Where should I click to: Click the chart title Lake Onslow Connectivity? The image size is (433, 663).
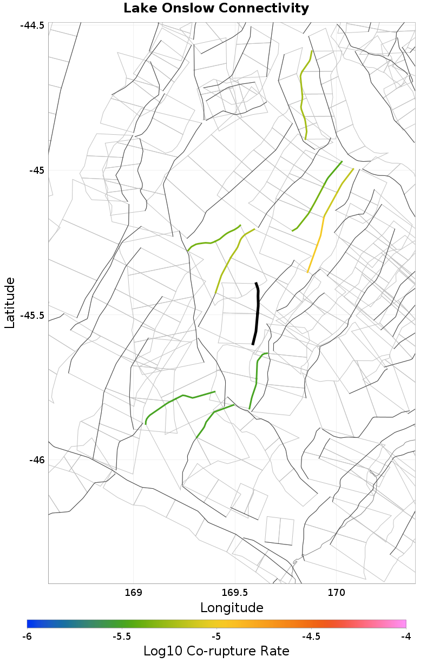click(x=216, y=9)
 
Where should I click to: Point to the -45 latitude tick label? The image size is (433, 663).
click(x=35, y=170)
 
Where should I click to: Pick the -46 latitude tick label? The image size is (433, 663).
click(x=35, y=460)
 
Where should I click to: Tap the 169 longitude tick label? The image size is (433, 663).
click(x=133, y=592)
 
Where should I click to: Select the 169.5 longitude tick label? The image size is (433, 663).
click(x=235, y=592)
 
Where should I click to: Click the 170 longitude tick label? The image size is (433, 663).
click(x=337, y=592)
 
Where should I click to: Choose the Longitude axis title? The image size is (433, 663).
click(x=232, y=607)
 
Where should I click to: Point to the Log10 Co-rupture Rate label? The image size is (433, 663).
click(x=216, y=651)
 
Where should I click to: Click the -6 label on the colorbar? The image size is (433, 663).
click(x=28, y=636)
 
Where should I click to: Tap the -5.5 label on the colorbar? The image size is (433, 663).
click(x=122, y=636)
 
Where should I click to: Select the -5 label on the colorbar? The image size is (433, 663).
click(x=216, y=636)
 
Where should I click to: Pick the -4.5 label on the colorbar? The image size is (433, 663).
click(x=311, y=636)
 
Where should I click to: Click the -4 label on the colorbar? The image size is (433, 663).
click(x=405, y=636)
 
